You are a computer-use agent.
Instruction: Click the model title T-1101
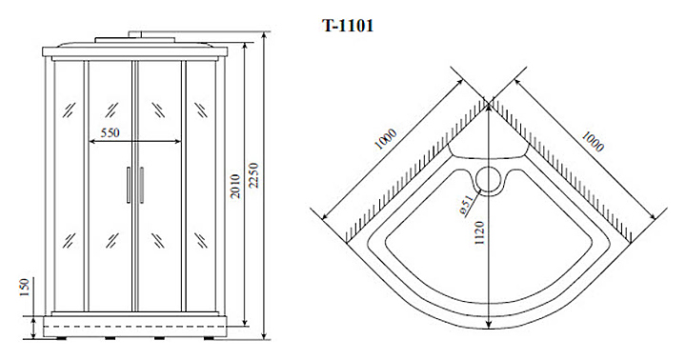(x=348, y=26)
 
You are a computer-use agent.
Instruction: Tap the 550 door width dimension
(x=110, y=132)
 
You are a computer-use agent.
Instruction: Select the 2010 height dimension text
(x=235, y=186)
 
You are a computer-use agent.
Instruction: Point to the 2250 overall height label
(x=253, y=175)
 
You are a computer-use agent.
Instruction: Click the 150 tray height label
(x=24, y=287)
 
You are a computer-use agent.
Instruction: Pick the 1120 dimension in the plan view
(x=480, y=232)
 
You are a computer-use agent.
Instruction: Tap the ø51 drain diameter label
(x=466, y=205)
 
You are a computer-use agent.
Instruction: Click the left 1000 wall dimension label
(x=386, y=140)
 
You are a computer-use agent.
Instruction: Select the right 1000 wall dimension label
(x=592, y=141)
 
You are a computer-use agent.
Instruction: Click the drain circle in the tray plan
(x=489, y=180)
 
